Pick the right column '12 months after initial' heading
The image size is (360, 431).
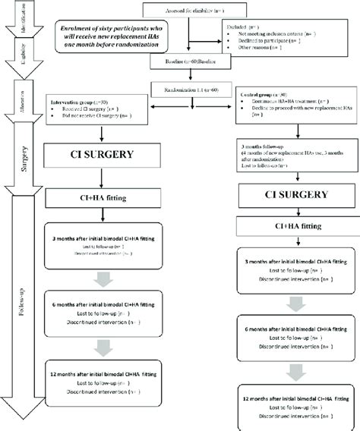tap(289, 398)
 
